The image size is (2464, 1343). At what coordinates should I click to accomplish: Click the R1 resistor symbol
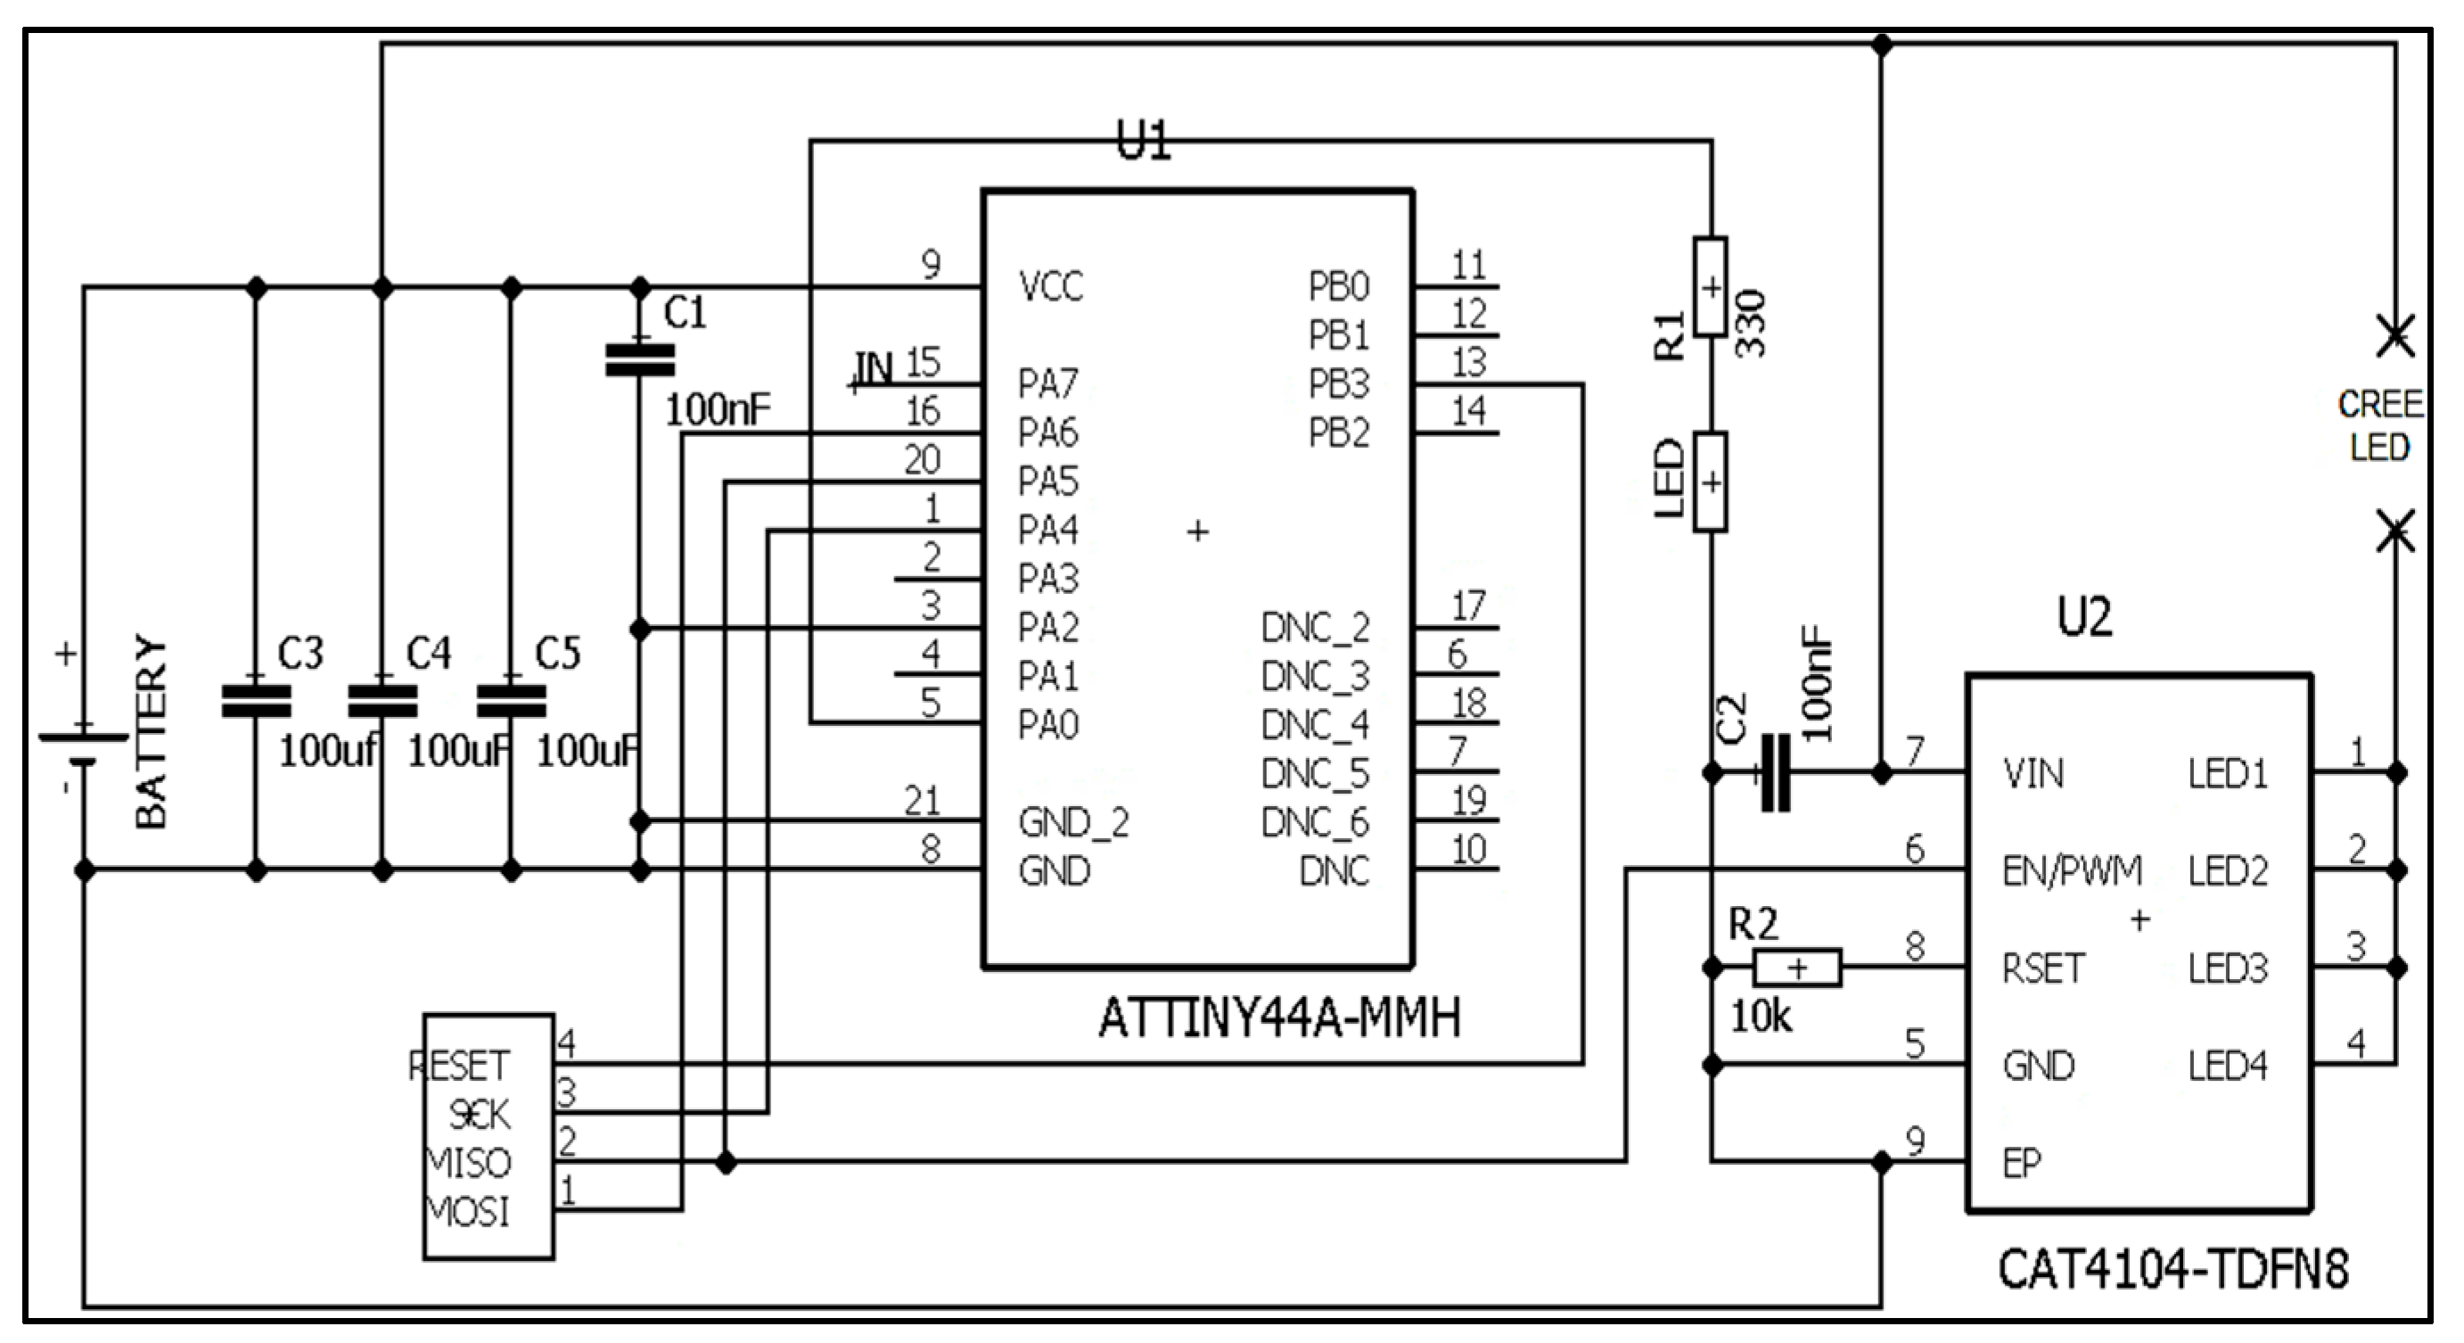1710,287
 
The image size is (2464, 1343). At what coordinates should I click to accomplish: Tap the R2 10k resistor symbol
1797,968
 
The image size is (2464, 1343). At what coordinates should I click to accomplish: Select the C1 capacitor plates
640,360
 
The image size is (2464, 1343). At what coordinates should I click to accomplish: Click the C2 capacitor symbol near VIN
1775,773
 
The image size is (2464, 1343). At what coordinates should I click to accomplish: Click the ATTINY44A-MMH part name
1280,1018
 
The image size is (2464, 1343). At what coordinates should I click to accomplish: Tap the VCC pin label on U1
1050,287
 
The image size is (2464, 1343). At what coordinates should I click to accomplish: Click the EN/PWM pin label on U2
2072,870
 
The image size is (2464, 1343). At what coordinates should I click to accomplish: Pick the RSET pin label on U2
2043,969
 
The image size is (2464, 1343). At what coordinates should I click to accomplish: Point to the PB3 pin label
1339,384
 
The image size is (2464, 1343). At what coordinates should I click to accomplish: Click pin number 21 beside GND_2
922,801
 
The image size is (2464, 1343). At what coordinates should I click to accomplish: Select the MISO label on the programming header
469,1163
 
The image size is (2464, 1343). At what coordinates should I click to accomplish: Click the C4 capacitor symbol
382,701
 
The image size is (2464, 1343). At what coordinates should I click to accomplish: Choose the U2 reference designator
2084,617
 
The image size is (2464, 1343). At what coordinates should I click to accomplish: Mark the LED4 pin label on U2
2228,1066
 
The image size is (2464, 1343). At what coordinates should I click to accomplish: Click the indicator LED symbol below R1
1710,482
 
